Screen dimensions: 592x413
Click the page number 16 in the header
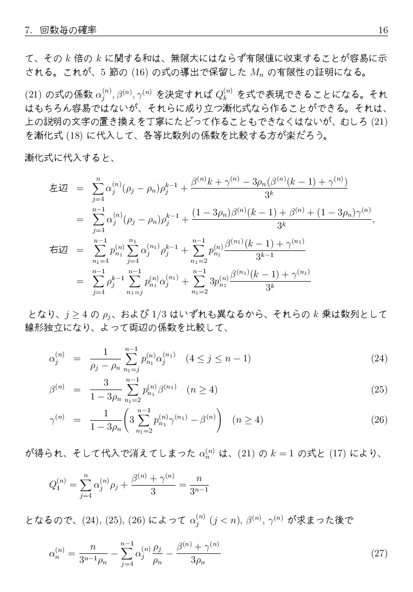pyautogui.click(x=383, y=31)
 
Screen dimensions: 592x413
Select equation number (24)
pyautogui.click(x=379, y=358)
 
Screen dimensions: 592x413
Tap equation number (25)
pyautogui.click(x=379, y=390)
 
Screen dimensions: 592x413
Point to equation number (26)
pyautogui.click(x=379, y=420)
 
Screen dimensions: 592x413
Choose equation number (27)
pyautogui.click(x=379, y=553)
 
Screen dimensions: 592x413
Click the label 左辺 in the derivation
pyautogui.click(x=59, y=189)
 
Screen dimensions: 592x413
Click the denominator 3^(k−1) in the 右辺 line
pyautogui.click(x=265, y=256)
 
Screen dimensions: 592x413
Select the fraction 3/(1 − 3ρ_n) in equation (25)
pyautogui.click(x=106, y=390)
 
